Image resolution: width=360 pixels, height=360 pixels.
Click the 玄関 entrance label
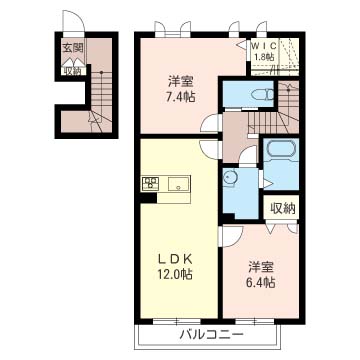pos(73,48)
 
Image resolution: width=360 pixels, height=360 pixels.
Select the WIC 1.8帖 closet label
pos(263,50)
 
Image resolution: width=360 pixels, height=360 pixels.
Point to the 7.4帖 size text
pos(181,98)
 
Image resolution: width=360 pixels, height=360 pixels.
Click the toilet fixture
pos(262,95)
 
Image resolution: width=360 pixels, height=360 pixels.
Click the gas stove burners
pos(151,183)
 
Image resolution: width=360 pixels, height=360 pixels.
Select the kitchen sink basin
pos(178,184)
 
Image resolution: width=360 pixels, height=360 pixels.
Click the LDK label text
pos(175,259)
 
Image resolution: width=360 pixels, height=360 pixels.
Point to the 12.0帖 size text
pos(175,275)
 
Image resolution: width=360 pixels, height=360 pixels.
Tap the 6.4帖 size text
pos(261,283)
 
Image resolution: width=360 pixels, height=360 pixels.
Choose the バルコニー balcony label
pos(210,334)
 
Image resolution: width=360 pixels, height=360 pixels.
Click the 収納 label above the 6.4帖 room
pos(283,208)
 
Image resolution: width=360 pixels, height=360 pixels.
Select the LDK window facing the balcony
pos(177,322)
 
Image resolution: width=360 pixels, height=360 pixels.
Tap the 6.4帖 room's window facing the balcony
pos(255,322)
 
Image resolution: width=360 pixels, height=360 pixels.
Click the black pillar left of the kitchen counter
pos(148,198)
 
